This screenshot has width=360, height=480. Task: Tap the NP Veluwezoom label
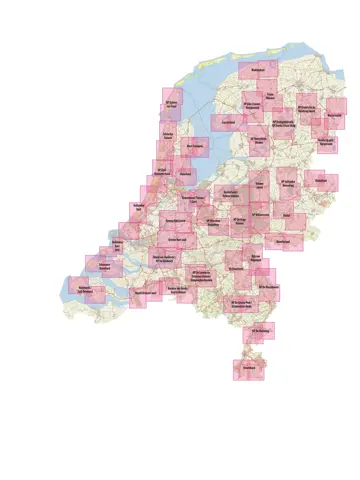coord(261,213)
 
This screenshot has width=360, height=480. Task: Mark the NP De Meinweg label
coord(260,331)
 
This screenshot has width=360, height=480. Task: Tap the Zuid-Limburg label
coord(250,368)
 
